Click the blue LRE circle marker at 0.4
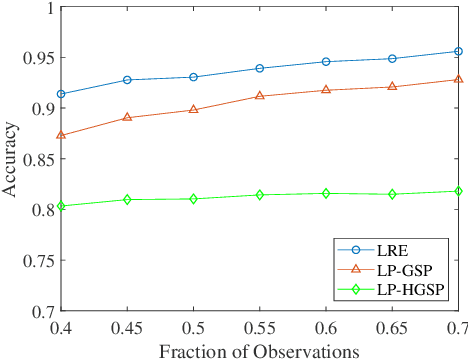point(61,94)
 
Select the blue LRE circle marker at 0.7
point(458,51)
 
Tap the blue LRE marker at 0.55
point(260,68)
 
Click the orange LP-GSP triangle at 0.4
point(61,135)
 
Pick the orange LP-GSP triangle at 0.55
point(260,96)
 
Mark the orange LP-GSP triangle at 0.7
point(458,79)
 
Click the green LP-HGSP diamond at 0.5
point(193,199)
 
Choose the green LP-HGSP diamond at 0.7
point(458,191)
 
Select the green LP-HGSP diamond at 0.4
point(61,206)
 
